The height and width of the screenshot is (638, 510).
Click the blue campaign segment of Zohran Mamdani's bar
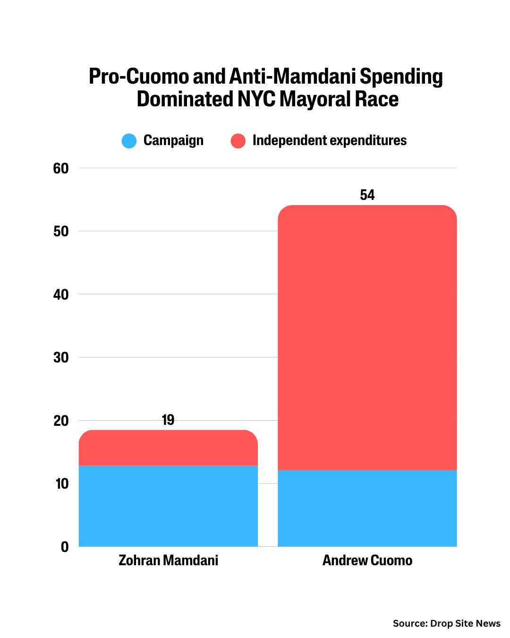point(168,506)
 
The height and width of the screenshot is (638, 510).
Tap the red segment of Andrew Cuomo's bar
point(367,337)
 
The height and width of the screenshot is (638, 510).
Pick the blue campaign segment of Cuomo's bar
point(367,508)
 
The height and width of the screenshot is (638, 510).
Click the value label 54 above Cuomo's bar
point(367,195)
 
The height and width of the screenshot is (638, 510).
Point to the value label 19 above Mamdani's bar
point(168,420)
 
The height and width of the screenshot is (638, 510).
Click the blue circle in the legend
point(129,141)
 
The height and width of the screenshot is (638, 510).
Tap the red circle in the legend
point(238,141)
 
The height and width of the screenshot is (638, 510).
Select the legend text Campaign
point(173,140)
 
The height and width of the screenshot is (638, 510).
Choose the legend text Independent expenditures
point(329,140)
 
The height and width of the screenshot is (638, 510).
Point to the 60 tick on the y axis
point(61,168)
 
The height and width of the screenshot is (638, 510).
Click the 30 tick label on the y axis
point(61,357)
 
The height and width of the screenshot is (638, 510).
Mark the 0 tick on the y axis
point(65,547)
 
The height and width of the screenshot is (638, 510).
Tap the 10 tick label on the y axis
point(61,483)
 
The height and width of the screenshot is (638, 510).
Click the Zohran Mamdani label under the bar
point(168,560)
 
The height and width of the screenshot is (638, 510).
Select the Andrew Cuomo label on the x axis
point(367,560)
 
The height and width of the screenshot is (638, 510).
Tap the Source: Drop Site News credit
point(446,623)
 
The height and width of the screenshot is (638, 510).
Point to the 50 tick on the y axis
point(61,231)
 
